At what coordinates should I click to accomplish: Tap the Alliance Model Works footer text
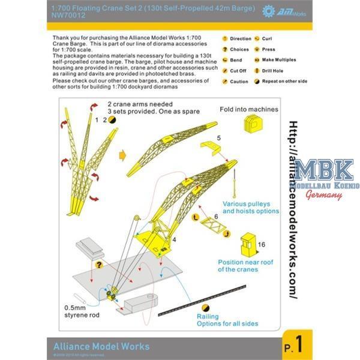(98, 346)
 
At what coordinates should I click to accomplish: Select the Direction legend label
(241, 38)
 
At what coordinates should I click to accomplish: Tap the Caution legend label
(238, 81)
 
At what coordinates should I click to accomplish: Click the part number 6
(215, 215)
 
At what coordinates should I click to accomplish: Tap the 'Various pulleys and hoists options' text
(251, 207)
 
